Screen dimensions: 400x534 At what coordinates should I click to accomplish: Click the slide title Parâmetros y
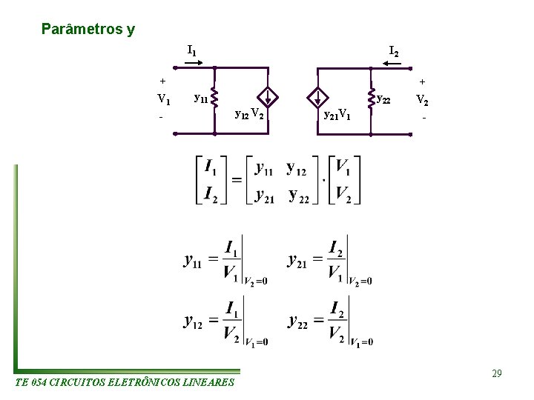pyautogui.click(x=88, y=30)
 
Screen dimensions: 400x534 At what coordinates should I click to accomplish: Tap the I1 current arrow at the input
pyautogui.click(x=192, y=64)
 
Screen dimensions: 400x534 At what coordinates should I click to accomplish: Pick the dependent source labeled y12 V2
pyautogui.click(x=270, y=97)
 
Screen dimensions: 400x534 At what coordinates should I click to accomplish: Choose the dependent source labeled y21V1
pyautogui.click(x=317, y=97)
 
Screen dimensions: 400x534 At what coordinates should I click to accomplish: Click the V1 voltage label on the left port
pyautogui.click(x=164, y=99)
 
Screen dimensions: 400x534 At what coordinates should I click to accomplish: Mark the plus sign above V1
pyautogui.click(x=162, y=81)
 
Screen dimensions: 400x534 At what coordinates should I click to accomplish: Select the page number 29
pyautogui.click(x=496, y=374)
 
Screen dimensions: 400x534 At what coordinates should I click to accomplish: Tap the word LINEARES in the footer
pyautogui.click(x=208, y=383)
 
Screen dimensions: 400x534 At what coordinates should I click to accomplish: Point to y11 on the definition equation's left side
pyautogui.click(x=193, y=261)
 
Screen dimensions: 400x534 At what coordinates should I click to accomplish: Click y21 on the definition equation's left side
pyautogui.click(x=297, y=261)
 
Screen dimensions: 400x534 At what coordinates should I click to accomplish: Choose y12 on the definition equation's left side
pyautogui.click(x=193, y=321)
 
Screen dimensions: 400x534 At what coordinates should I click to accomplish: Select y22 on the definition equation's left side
pyautogui.click(x=297, y=321)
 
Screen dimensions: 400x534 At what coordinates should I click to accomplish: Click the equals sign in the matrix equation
pyautogui.click(x=236, y=180)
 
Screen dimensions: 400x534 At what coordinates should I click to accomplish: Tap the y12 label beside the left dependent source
pyautogui.click(x=241, y=114)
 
